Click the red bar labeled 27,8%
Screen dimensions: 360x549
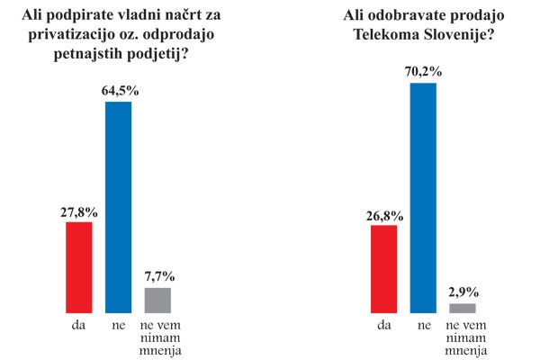79,266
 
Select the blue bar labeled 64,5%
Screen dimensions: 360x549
119,206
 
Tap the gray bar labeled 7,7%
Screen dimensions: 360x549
157,299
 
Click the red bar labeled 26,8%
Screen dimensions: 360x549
384,268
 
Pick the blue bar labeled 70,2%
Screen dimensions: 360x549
423,197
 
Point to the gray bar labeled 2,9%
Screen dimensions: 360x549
463,308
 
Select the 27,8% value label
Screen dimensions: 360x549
79,212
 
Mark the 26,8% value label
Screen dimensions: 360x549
384,216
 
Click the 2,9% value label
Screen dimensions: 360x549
463,292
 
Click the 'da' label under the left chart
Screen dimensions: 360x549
79,322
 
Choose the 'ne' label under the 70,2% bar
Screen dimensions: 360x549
423,324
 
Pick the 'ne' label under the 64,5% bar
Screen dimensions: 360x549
119,322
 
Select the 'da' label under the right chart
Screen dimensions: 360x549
384,324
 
